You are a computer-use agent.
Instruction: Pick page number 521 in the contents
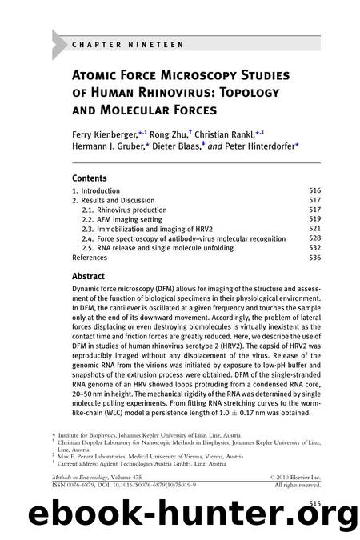pos(315,230)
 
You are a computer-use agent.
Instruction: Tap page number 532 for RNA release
pos(315,249)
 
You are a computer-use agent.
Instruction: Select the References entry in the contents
pos(90,258)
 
